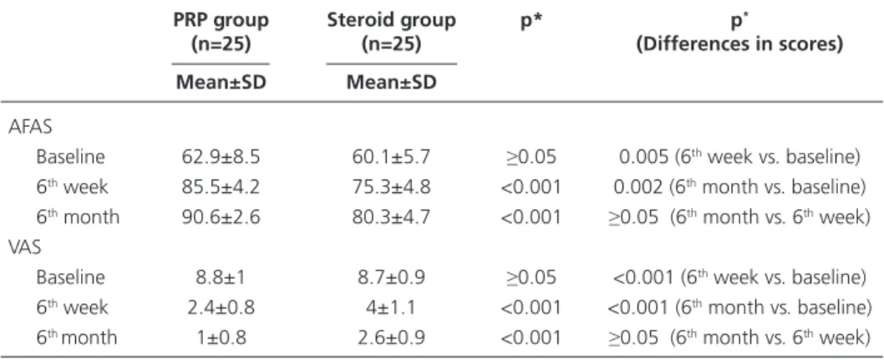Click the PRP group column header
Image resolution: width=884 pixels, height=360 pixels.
[x=221, y=32]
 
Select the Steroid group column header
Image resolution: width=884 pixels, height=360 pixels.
[x=391, y=32]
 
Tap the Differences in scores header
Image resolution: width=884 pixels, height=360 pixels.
[x=739, y=44]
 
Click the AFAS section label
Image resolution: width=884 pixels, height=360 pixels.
[x=30, y=127]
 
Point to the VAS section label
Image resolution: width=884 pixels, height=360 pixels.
[x=25, y=246]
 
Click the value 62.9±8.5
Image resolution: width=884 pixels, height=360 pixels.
[x=221, y=157]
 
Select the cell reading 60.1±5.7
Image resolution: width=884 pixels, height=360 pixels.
[x=391, y=157]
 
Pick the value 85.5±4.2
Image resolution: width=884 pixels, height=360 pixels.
[x=221, y=186]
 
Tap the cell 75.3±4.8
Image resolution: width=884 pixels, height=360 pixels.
[x=391, y=186]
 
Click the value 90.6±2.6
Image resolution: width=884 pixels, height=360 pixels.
[x=221, y=217]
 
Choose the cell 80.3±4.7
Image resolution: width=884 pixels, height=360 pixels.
[x=391, y=217]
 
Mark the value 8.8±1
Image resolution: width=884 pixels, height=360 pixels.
[x=221, y=277]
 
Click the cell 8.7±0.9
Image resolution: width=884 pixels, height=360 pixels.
[x=391, y=277]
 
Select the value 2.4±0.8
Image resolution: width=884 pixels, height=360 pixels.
[x=221, y=307]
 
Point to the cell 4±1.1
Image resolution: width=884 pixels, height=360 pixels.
[x=391, y=307]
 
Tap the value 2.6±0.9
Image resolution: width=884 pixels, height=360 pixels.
[x=391, y=337]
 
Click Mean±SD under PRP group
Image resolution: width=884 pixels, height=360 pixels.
[x=221, y=82]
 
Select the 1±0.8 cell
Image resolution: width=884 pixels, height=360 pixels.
[x=221, y=337]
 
